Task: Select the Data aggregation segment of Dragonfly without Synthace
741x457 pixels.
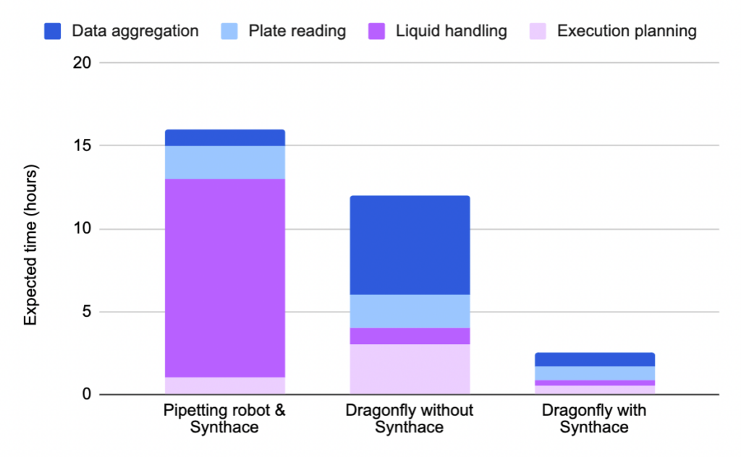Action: pos(409,245)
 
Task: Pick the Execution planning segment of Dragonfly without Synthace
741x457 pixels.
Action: pos(409,370)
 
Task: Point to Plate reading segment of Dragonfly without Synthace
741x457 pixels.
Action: pos(409,311)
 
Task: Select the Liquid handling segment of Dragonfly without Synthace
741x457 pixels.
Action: pos(409,336)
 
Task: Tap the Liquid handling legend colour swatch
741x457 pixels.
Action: pos(378,31)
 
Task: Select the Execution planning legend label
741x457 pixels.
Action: pos(627,31)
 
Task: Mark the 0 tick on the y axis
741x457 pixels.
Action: pos(85,396)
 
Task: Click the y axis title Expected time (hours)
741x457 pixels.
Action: pos(31,245)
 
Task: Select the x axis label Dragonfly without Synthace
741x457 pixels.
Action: pos(409,419)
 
